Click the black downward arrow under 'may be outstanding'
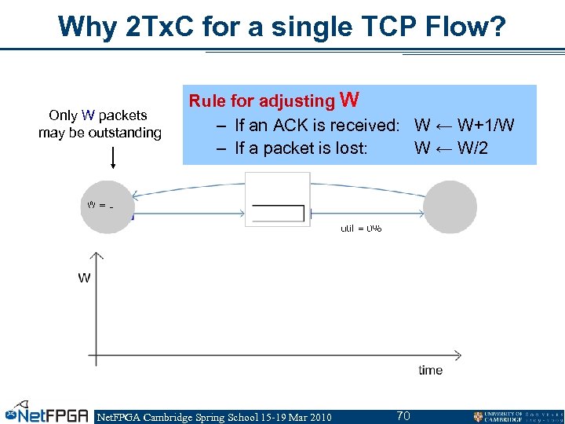pos(113,156)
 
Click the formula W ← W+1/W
pos(464,126)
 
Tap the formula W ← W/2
pos(450,148)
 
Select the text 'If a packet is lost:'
pos(301,148)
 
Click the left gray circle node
pos(108,207)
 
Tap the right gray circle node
pos(450,207)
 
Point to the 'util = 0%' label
pos(361,228)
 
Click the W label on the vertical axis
pos(84,277)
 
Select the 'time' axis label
pos(430,370)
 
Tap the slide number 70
pos(403,415)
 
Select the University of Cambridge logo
pos(517,415)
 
